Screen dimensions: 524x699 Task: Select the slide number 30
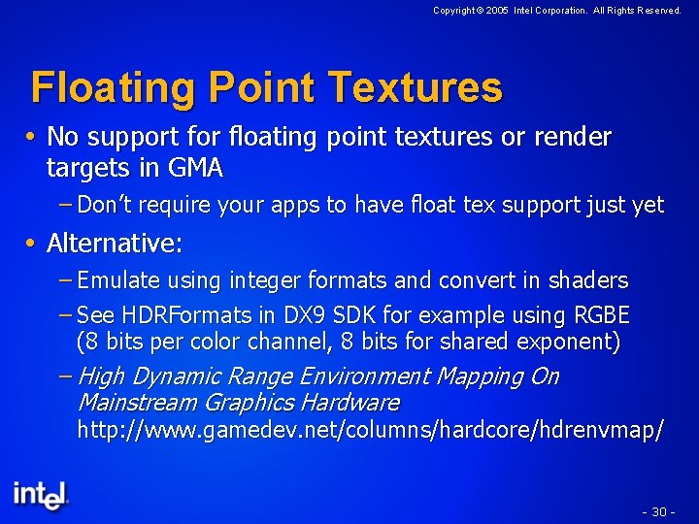[x=658, y=511]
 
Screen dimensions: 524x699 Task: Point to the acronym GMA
[x=194, y=169]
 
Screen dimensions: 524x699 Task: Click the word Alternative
[x=113, y=243]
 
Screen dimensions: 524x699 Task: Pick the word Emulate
[x=119, y=280]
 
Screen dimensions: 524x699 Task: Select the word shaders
[x=589, y=280]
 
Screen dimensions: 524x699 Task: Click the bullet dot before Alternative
[x=35, y=243]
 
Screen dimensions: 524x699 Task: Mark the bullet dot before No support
[x=35, y=137]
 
